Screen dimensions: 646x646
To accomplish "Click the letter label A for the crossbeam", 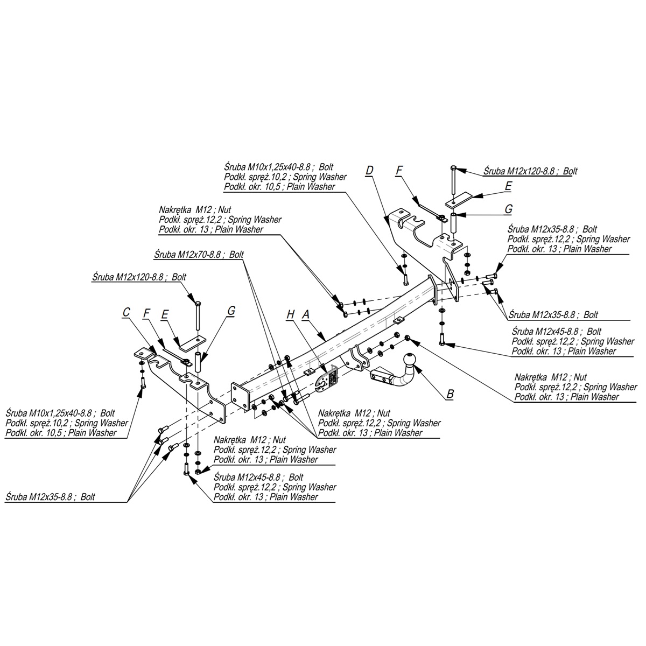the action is [x=305, y=314].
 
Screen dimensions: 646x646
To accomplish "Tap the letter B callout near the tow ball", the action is [x=450, y=394].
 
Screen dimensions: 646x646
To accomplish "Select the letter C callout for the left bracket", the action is [x=126, y=312].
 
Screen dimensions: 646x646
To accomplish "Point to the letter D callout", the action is [x=369, y=170].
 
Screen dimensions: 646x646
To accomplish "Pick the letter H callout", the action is [x=291, y=314].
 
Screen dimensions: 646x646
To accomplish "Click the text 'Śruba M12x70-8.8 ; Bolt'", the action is [x=199, y=255].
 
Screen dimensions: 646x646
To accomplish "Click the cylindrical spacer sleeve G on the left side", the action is [x=198, y=362].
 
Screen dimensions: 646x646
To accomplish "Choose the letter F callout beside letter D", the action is [x=398, y=170].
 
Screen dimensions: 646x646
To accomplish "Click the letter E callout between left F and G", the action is [x=165, y=314].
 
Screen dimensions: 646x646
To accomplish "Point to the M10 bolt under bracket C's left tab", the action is [x=144, y=382].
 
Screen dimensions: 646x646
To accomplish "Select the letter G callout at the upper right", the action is [x=509, y=209].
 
